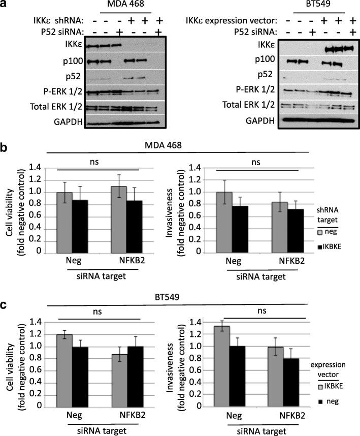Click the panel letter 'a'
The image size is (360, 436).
(5, 5)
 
